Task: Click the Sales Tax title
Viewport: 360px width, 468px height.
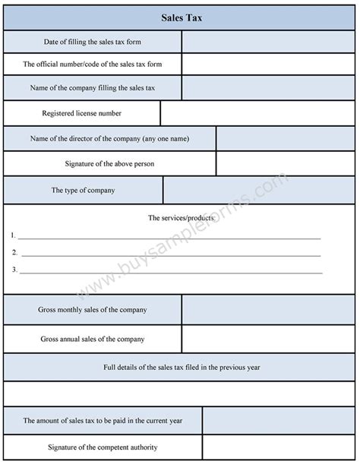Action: pos(181,16)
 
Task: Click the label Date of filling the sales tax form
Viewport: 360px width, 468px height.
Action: pos(93,41)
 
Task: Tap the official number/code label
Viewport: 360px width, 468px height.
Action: pos(93,64)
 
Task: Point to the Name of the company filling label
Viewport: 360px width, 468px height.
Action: pos(93,88)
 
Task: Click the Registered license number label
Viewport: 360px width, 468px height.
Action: pos(83,113)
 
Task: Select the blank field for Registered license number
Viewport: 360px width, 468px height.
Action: pos(257,113)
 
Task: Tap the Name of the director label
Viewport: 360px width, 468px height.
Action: pos(109,138)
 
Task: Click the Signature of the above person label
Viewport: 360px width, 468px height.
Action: pos(109,163)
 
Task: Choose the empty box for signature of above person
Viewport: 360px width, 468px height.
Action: pos(286,163)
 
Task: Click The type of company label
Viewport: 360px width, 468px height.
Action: pos(83,190)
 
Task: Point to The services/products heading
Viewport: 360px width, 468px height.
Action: pos(181,218)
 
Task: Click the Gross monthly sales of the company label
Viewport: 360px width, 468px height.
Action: pos(93,309)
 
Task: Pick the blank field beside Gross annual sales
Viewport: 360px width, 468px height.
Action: pos(268,339)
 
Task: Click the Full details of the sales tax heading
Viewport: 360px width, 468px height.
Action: pos(182,368)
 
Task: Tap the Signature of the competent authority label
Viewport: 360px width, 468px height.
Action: pos(103,447)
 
